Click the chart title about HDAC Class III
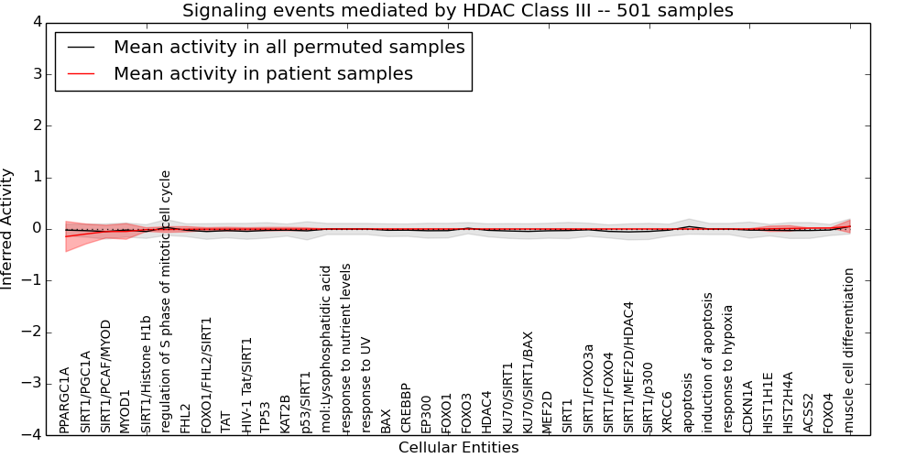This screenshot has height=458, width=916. pos(457,10)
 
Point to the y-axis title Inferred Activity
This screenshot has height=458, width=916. pos(6,228)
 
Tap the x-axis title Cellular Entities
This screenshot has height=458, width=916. pos(459,448)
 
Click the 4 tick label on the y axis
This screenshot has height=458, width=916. pos(38,22)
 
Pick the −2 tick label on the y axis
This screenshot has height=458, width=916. pos(33,333)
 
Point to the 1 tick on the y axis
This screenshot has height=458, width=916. pos(38,177)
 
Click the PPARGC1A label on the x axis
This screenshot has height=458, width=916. pos(64,400)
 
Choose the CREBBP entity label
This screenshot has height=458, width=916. pos(405,408)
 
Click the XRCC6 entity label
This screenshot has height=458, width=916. pos(666,412)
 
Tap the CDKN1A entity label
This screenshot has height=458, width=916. pos(747,408)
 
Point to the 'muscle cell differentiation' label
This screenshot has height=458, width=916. pos(849,351)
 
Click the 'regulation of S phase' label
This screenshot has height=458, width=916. pos(165,301)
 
